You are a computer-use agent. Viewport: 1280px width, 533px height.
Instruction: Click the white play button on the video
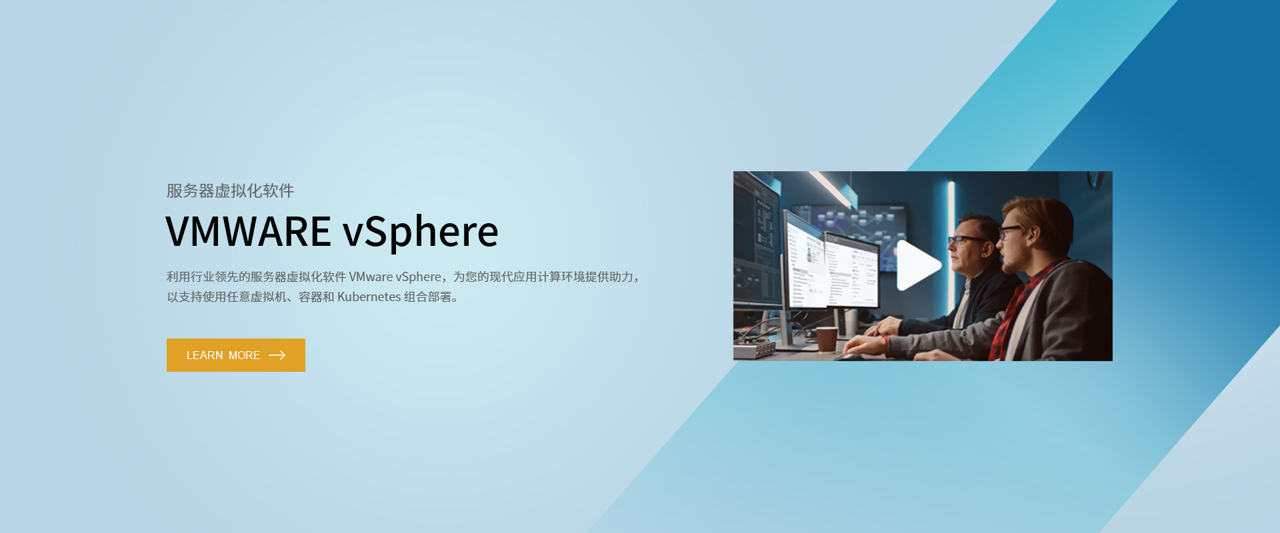(917, 265)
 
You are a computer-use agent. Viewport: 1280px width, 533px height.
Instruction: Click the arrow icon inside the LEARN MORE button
(277, 355)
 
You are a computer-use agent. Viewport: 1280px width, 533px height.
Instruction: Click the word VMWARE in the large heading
(248, 232)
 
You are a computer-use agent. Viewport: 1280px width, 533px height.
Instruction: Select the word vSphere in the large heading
(421, 232)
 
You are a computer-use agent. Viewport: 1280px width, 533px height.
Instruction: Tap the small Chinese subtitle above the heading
(230, 191)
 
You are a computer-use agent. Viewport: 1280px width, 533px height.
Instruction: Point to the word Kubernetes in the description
(369, 297)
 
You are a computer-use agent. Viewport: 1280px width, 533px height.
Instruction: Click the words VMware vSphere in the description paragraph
(395, 277)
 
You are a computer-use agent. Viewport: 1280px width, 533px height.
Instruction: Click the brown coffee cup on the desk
(827, 338)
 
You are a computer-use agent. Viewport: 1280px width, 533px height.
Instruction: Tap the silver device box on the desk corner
(753, 350)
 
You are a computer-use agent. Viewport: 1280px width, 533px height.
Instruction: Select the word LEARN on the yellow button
(205, 355)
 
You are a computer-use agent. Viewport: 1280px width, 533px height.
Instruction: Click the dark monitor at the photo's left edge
(757, 240)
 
